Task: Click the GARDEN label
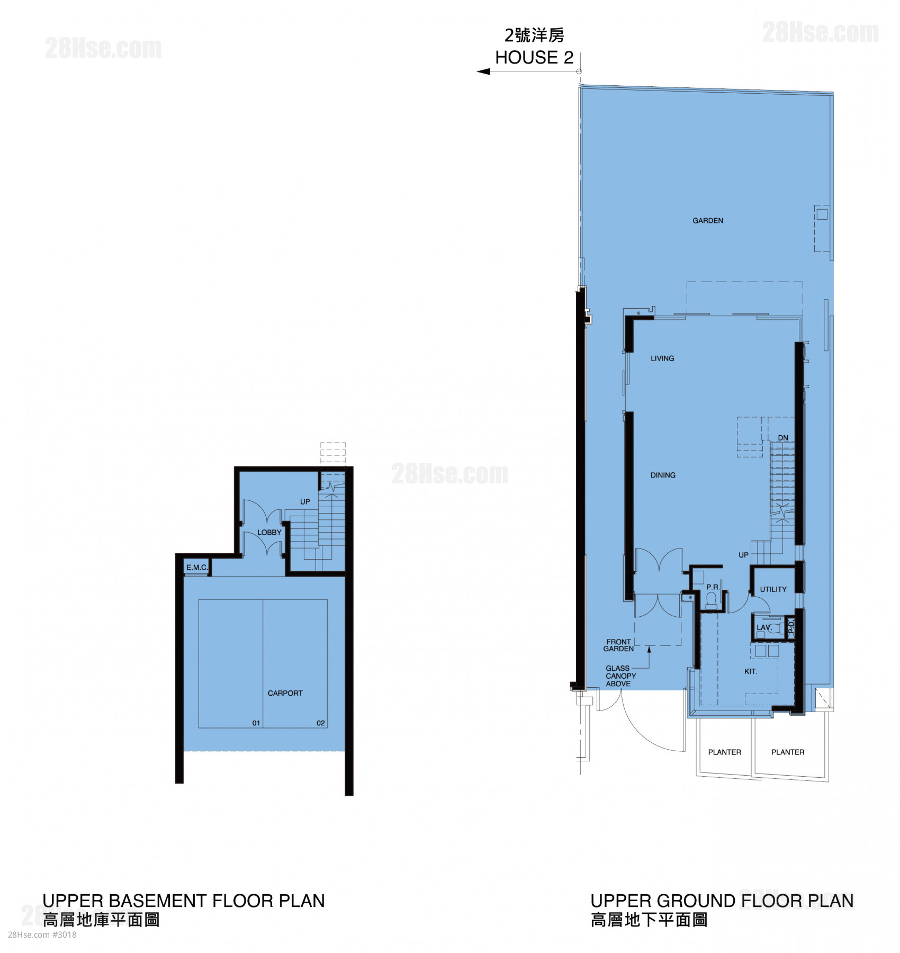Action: [707, 220]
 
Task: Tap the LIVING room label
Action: [662, 358]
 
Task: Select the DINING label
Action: [663, 475]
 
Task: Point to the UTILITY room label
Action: [773, 589]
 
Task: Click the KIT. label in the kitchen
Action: [751, 671]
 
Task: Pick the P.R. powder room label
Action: [713, 587]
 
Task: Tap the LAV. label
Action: [764, 627]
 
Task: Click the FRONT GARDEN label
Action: [618, 645]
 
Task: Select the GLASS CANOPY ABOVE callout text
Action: [620, 676]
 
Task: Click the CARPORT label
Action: [285, 693]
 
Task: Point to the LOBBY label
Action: [269, 532]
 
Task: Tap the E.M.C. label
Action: [197, 567]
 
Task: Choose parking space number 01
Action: [256, 723]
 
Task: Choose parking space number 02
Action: [321, 723]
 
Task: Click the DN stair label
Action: [783, 438]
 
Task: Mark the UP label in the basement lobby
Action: [305, 501]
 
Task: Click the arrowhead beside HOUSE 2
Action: [483, 71]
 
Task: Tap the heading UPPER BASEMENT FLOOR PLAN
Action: [184, 901]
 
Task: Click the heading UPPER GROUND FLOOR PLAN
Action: [722, 901]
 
